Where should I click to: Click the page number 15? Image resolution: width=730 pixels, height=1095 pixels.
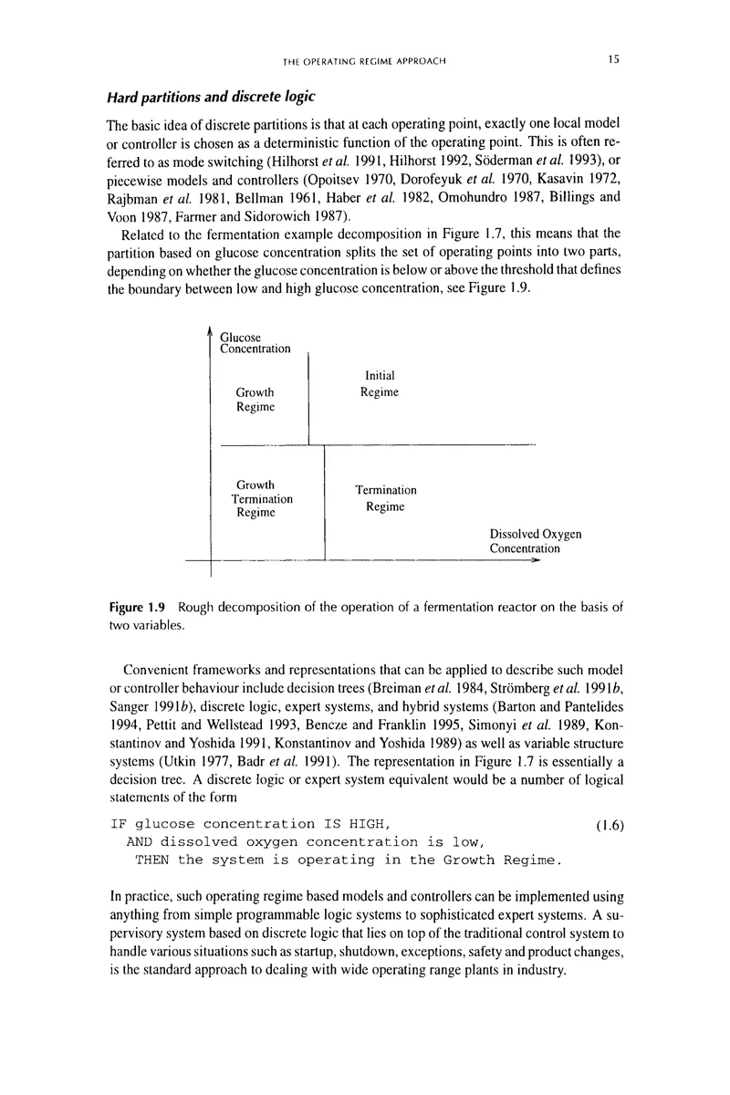613,59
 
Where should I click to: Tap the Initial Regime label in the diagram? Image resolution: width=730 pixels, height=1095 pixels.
379,383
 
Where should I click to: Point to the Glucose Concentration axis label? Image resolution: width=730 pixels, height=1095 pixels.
256,341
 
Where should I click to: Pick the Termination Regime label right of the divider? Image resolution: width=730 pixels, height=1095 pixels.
385,498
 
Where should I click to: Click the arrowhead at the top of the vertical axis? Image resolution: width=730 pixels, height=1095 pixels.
211,331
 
